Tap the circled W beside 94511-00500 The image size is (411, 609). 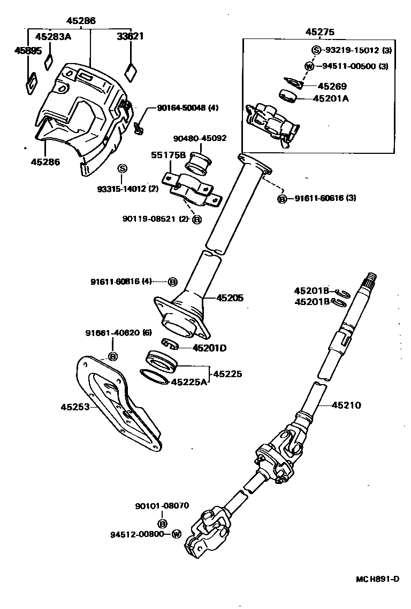(x=309, y=66)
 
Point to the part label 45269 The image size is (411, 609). (x=332, y=86)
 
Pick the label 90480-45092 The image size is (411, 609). (x=200, y=138)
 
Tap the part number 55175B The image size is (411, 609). (x=168, y=155)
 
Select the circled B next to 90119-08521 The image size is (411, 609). (x=196, y=220)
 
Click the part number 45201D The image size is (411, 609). (x=209, y=348)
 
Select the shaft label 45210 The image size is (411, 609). (x=346, y=405)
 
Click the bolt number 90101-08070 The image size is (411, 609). (x=162, y=506)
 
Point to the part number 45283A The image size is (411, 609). (x=52, y=37)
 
